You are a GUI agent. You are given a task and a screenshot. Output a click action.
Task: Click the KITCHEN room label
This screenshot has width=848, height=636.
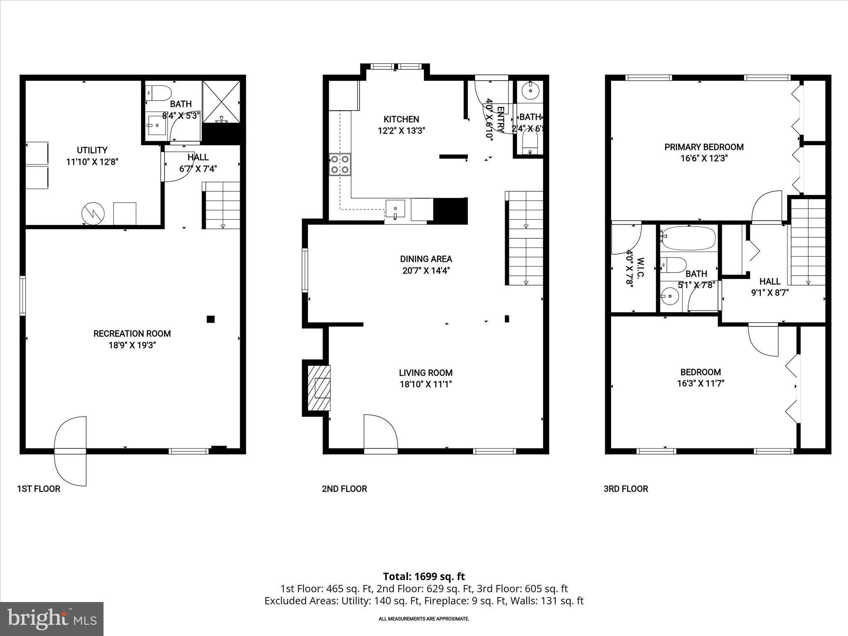coord(401,119)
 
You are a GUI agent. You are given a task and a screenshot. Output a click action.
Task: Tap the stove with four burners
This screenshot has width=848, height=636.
coord(340,164)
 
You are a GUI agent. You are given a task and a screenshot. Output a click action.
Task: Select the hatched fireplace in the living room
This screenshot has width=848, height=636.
coord(319,388)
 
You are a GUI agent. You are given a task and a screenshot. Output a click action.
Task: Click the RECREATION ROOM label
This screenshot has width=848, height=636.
coord(132,333)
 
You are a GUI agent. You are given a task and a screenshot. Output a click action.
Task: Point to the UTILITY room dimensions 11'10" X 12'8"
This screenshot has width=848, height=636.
coord(92,162)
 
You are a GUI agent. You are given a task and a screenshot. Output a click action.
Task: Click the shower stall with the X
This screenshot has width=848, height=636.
coord(221,101)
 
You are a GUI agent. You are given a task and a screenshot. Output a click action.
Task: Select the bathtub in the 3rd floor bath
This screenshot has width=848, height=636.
coord(688,238)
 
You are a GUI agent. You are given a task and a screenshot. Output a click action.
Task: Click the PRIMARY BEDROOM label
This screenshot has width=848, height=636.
coord(704,147)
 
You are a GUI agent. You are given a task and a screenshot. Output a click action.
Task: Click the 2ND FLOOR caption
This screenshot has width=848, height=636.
coord(344,489)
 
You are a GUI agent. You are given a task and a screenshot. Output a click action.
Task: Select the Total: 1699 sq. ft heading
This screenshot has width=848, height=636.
coord(424,576)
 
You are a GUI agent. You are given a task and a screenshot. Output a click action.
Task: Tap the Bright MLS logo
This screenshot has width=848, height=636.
coord(52,619)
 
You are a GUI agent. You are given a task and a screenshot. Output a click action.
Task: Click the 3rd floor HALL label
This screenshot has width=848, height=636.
coord(770,282)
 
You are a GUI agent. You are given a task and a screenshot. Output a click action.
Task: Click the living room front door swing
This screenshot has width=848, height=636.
coord(380,431)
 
